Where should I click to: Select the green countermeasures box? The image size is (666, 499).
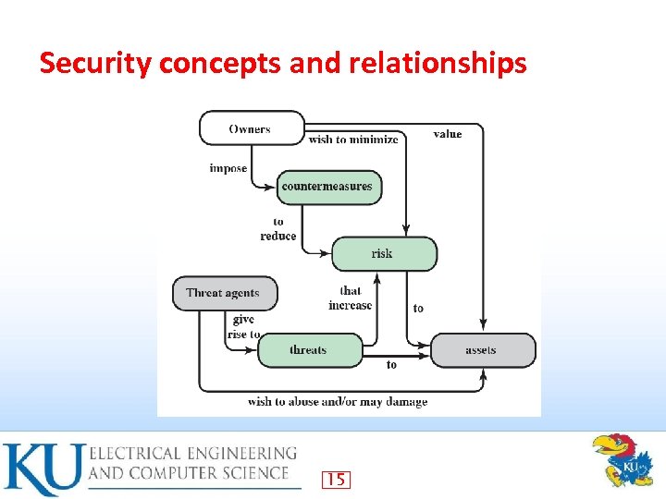pos(328,187)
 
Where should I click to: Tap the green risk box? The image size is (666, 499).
pos(383,253)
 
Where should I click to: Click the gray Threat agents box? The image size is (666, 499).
pos(224,294)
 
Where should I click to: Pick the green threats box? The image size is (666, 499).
pos(309,350)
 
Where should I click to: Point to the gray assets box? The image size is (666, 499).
pos(482,350)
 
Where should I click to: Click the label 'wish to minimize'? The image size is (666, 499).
pos(353,140)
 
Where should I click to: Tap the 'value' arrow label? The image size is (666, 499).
pos(448,135)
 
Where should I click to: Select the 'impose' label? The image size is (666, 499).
pos(228,168)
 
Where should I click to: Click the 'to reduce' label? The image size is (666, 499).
pos(278,229)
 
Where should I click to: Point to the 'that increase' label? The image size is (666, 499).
pos(351,298)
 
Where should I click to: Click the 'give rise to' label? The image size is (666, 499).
pos(243,327)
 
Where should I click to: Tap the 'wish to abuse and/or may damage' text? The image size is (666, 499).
pos(338,402)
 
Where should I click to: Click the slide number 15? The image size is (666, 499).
pos(336,479)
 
